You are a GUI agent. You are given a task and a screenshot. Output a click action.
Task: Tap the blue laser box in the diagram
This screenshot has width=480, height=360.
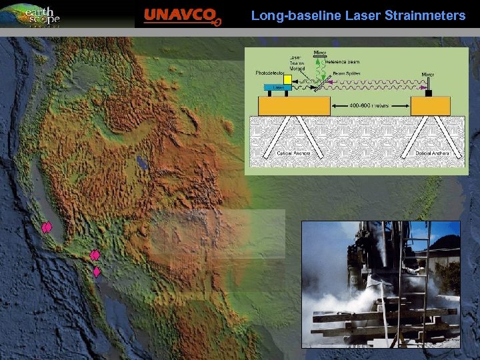click(x=277, y=87)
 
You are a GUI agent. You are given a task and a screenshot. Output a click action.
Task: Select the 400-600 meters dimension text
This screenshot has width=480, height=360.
click(x=371, y=105)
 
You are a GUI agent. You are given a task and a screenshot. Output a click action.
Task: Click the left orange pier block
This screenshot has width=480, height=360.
click(x=293, y=105)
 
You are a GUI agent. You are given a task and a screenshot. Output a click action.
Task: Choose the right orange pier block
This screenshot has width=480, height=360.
click(x=430, y=105)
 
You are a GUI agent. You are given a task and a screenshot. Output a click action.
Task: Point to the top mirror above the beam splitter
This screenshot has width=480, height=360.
click(x=319, y=57)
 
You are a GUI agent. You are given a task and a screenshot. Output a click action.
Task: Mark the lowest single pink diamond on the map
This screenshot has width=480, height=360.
click(x=97, y=272)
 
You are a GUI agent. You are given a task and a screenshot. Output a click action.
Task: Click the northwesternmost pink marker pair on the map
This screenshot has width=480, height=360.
click(x=46, y=227)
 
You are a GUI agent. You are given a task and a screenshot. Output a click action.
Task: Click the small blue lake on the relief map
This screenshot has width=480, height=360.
click(x=141, y=161)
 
